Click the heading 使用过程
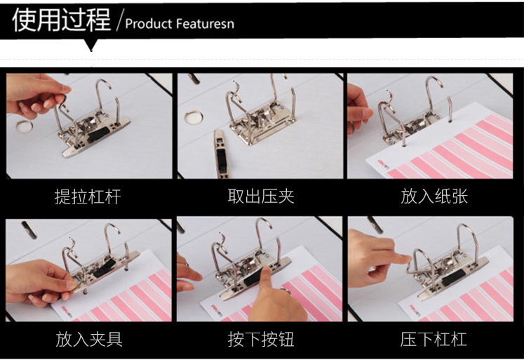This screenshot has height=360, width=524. tap(61, 20)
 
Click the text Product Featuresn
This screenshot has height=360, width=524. tap(180, 24)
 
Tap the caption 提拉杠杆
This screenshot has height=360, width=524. tap(88, 196)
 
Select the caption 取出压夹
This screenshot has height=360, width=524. tap(261, 196)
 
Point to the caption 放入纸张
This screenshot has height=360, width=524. tap(434, 196)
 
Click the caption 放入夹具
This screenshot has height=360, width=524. tap(89, 339)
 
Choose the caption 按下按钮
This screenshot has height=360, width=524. tap(261, 339)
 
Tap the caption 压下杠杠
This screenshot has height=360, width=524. tap(434, 339)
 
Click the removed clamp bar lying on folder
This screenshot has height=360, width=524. tap(221, 154)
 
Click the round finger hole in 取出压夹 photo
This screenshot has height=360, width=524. tap(193, 118)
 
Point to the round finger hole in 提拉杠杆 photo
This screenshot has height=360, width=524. tap(24, 126)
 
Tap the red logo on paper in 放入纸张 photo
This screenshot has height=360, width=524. tap(384, 164)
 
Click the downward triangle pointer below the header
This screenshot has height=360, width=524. tap(91, 45)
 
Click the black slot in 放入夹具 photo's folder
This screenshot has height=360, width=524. tap(29, 229)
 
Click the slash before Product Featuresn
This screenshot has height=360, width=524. tap(120, 20)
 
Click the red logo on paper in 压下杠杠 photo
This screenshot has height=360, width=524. tap(415, 310)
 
